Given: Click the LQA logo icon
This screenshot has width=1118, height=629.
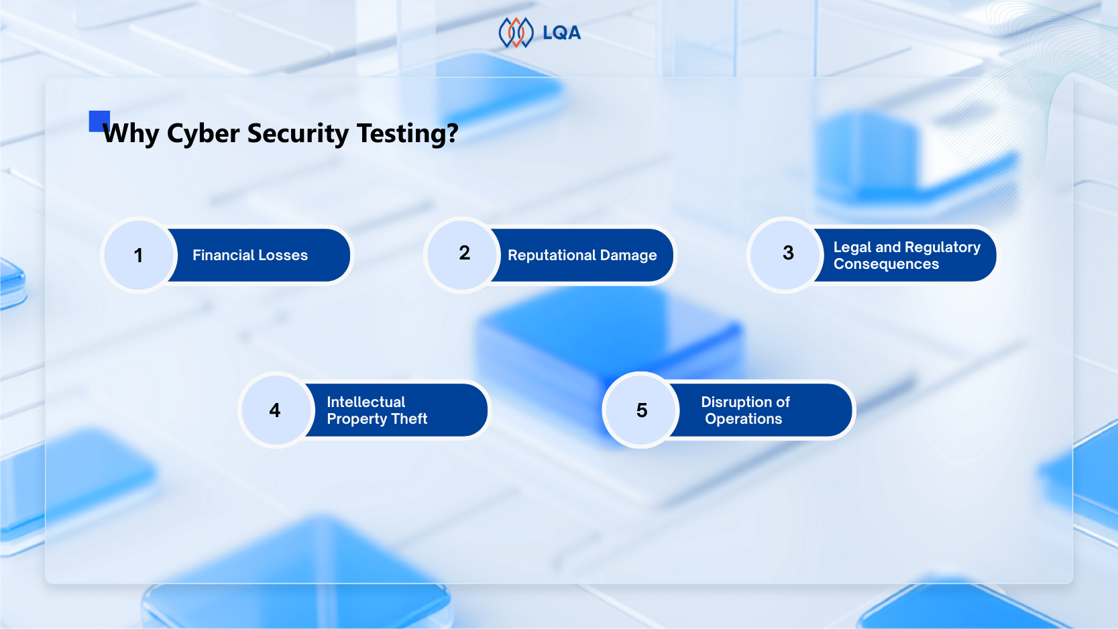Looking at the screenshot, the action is (x=516, y=32).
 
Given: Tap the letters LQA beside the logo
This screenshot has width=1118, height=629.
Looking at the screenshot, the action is (x=561, y=33).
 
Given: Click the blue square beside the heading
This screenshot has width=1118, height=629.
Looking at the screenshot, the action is (x=99, y=121).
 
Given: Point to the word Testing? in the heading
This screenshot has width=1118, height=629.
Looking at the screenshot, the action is (x=407, y=134).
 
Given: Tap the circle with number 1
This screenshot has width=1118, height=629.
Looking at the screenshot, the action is (x=139, y=255).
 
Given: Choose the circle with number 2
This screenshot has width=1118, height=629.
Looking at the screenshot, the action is (x=462, y=255).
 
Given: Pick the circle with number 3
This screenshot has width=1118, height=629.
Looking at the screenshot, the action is (x=785, y=255).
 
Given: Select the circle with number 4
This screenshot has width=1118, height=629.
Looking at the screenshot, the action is (x=276, y=410).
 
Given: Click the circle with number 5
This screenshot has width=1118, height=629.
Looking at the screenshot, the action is (x=641, y=410).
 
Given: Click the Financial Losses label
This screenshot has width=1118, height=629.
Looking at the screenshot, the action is (x=250, y=255).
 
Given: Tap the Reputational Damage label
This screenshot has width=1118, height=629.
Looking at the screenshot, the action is (x=582, y=255).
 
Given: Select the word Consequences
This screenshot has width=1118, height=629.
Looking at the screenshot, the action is (x=887, y=264).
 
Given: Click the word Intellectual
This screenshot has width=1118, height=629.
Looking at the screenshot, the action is (x=366, y=402).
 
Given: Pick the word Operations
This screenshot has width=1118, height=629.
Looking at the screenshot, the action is (x=744, y=418).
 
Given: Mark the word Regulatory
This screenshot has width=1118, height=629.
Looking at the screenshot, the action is (x=943, y=247).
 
